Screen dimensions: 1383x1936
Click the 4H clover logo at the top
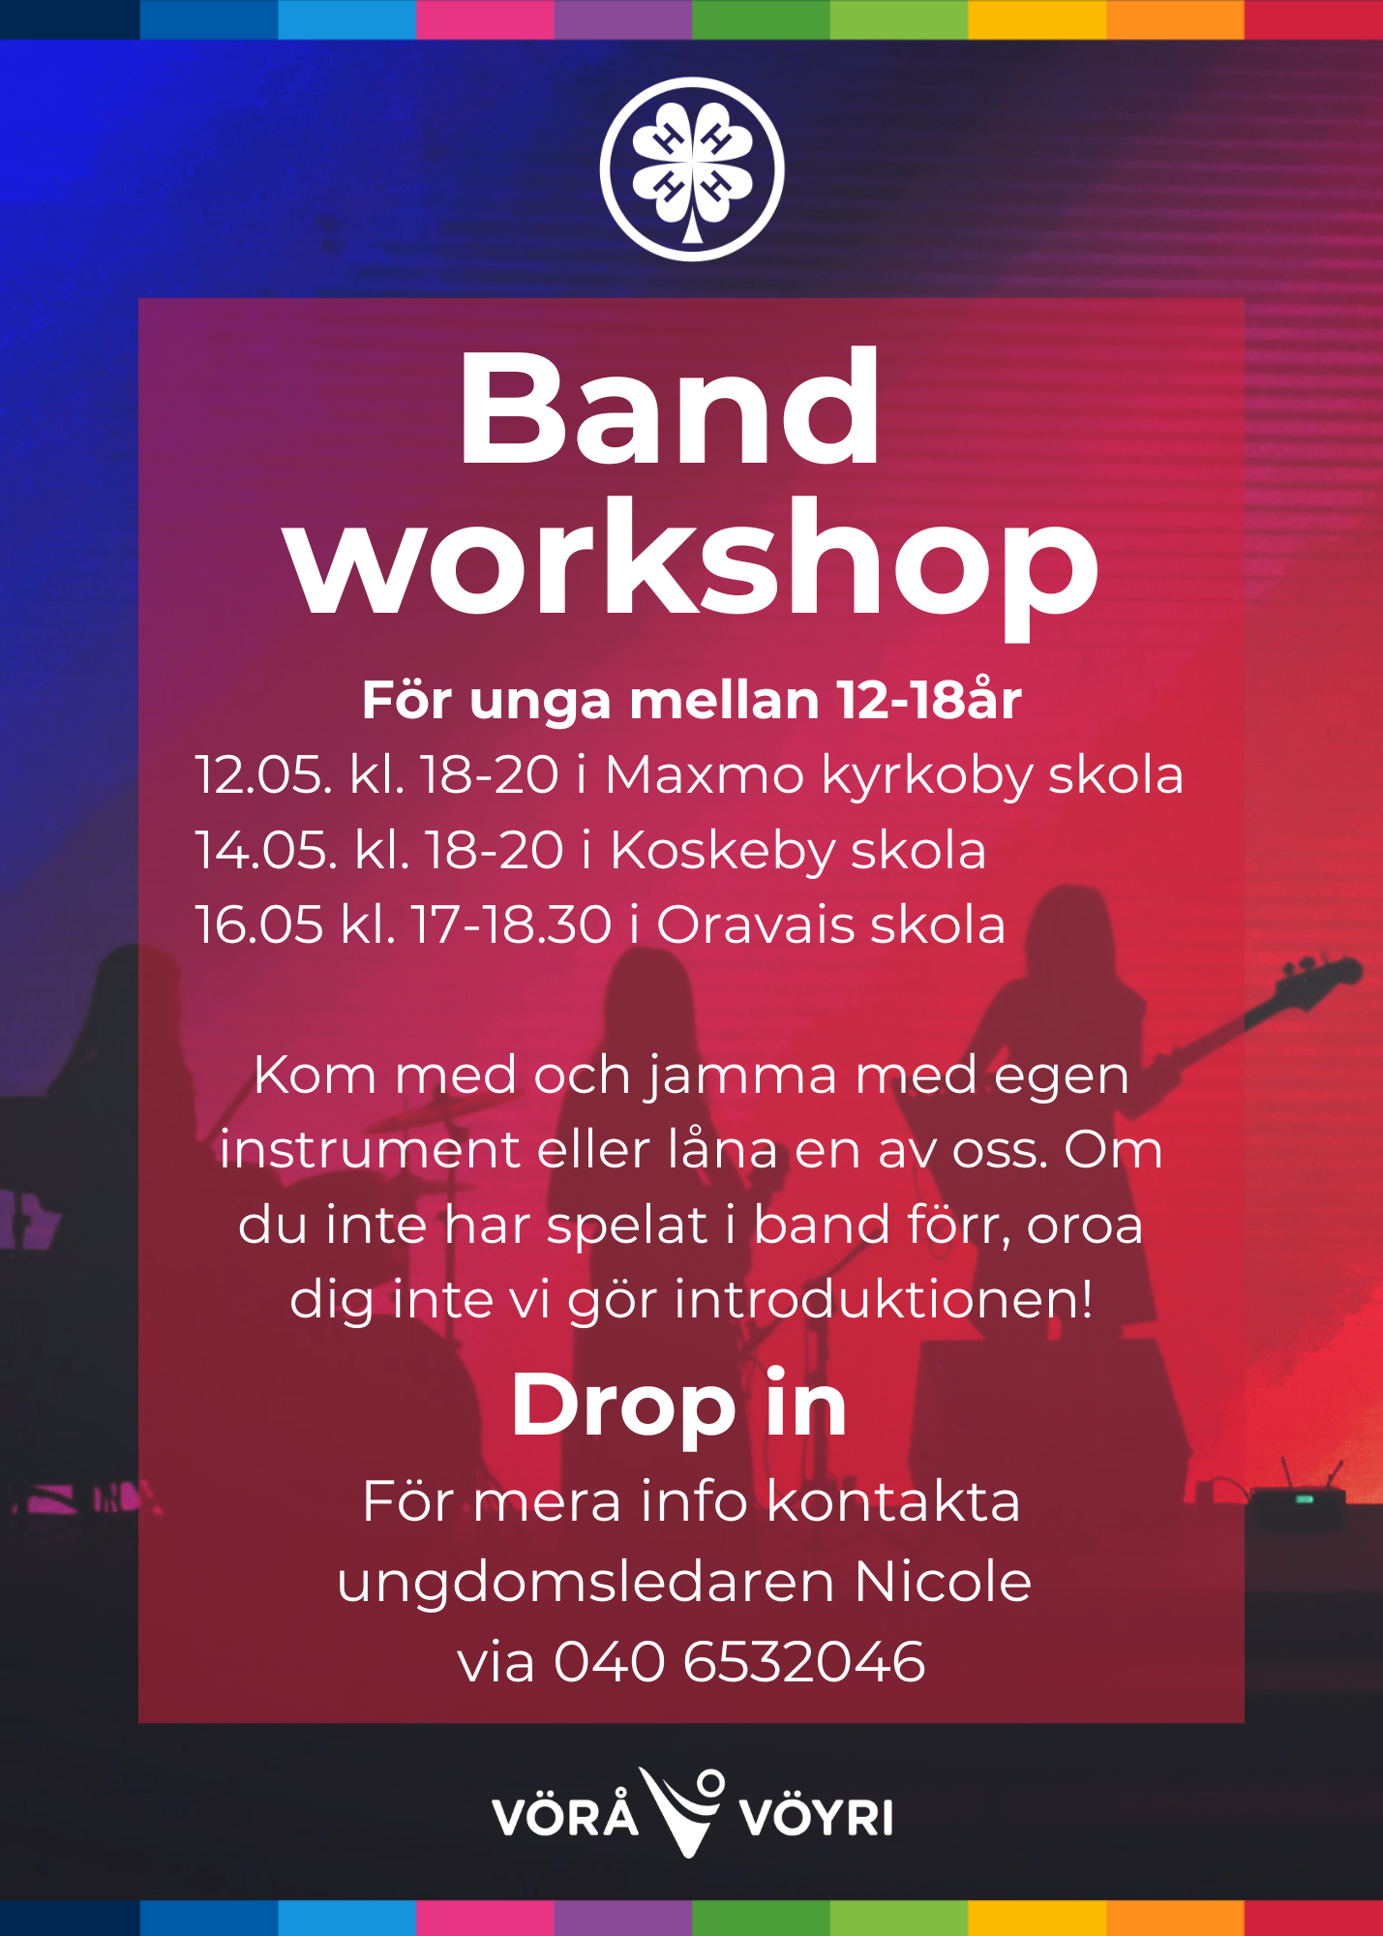tap(692, 169)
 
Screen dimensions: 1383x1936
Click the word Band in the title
tap(670, 408)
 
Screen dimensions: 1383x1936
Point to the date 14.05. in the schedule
tap(267, 850)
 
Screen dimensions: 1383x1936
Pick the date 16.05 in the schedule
tap(259, 924)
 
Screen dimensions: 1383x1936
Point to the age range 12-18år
tap(929, 699)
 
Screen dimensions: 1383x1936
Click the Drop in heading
tap(679, 1407)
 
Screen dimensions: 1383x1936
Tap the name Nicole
tap(944, 1582)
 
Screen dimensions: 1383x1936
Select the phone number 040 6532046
tap(739, 1662)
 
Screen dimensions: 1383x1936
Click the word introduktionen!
tap(884, 1298)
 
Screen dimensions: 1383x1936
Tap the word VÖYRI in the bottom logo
tap(816, 1816)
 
